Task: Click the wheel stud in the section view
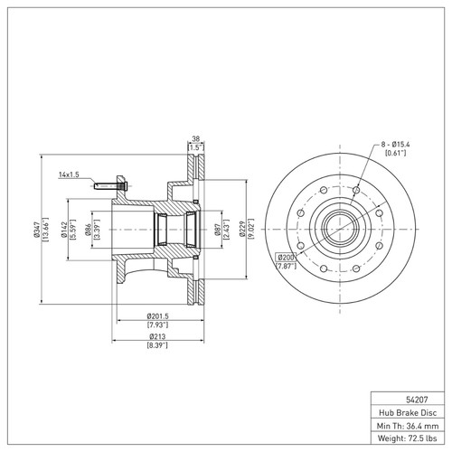pyautogui.click(x=109, y=185)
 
